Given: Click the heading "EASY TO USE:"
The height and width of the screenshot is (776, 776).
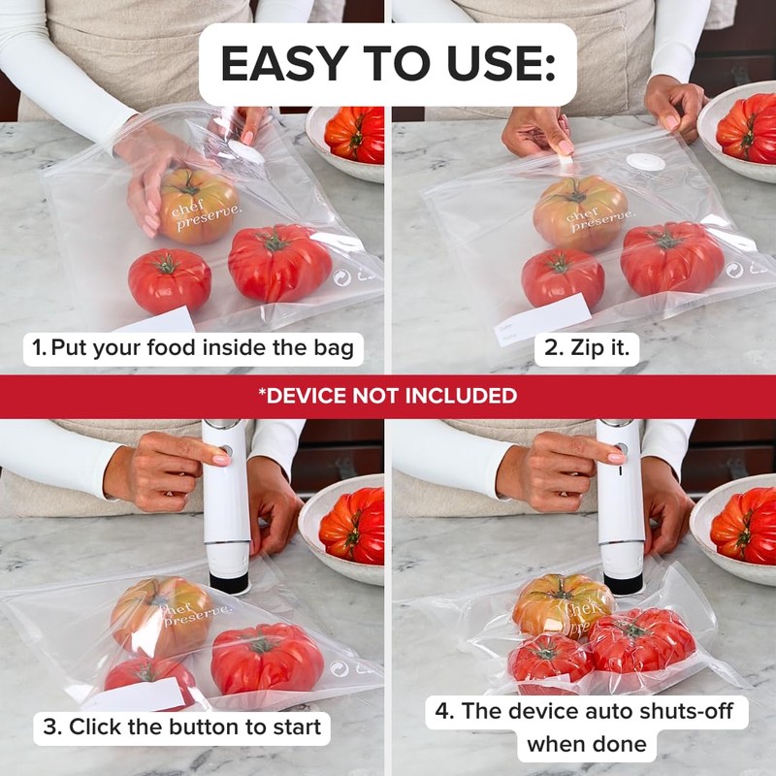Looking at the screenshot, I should tap(388, 64).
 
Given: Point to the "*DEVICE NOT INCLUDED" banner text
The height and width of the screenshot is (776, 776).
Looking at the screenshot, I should tap(388, 396).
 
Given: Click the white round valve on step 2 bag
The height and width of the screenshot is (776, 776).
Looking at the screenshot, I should tap(645, 162).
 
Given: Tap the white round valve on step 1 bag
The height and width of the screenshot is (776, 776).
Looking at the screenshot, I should tap(245, 152).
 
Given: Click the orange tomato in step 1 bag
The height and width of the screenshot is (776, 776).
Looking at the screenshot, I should tap(197, 206).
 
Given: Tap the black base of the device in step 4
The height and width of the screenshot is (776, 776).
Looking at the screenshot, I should tap(622, 585).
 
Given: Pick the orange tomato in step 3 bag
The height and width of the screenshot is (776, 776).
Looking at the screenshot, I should tap(160, 614).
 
